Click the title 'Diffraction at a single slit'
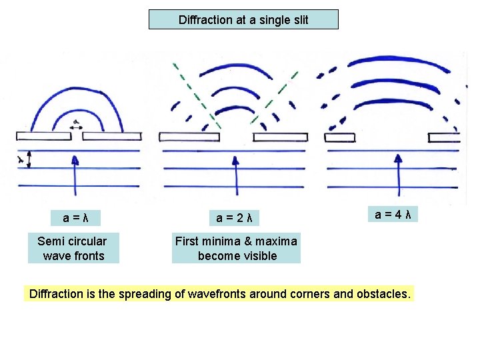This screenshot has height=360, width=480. click(x=243, y=20)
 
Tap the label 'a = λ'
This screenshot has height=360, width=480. click(x=77, y=218)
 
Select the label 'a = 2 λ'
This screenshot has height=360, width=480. click(x=233, y=218)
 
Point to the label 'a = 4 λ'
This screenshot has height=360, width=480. click(x=393, y=214)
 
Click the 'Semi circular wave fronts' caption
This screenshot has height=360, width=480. click(x=72, y=248)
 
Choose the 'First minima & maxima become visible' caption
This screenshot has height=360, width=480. click(x=236, y=248)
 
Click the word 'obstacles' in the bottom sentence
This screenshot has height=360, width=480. click(x=383, y=294)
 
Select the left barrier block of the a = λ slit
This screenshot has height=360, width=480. click(x=44, y=136)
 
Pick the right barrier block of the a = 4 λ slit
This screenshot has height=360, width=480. click(x=444, y=137)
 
